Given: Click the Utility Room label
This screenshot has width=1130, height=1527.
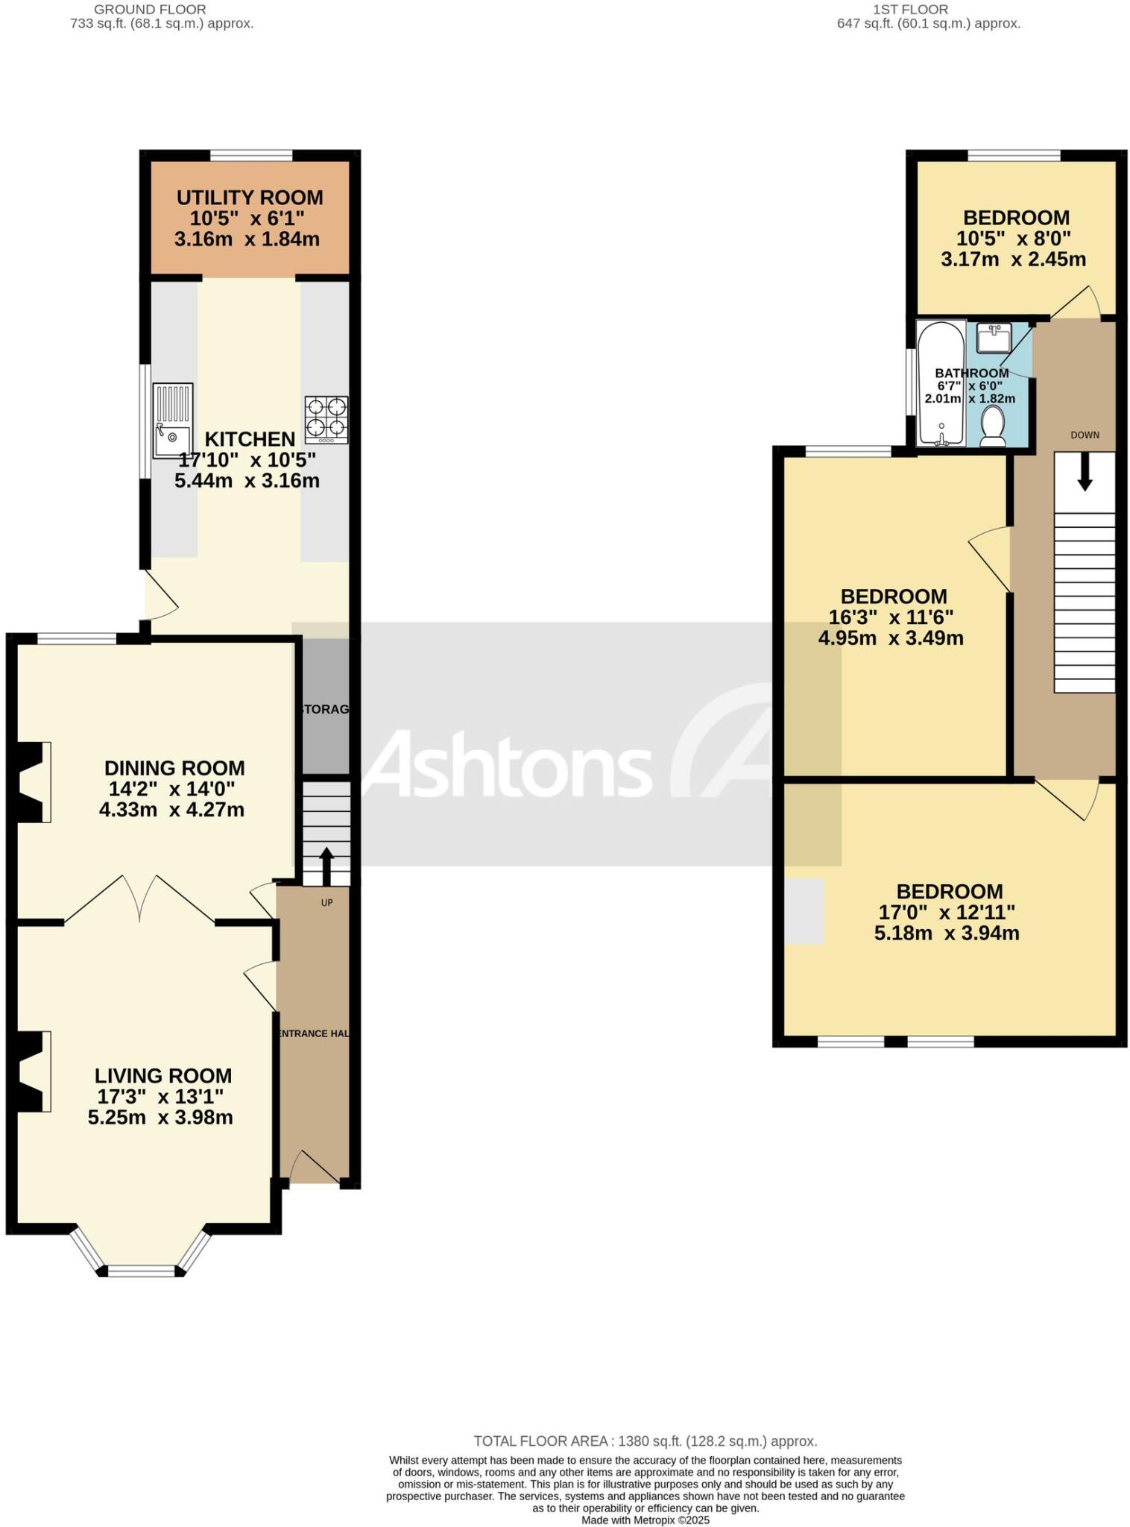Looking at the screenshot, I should [250, 198].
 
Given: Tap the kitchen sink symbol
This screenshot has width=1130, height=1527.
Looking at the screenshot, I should [172, 420].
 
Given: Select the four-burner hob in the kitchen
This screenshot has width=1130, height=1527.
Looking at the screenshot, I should [326, 420].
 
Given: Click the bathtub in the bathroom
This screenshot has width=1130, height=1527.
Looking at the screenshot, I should [941, 383].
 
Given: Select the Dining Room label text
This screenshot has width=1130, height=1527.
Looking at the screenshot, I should [174, 768].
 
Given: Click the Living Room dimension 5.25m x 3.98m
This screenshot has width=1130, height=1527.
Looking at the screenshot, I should [160, 1117].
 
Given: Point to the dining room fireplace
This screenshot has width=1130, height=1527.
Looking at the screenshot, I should [34, 782].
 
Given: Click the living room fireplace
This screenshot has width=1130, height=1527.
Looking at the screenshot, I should [34, 1071].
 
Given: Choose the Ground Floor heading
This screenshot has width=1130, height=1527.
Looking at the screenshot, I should [151, 10].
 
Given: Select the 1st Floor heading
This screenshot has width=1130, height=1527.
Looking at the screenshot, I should [910, 10].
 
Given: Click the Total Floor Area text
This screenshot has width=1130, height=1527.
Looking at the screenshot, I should [646, 1441].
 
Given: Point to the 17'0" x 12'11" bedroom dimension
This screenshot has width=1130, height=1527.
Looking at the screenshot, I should [947, 912].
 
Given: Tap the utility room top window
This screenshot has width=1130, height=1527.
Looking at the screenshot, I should [251, 156].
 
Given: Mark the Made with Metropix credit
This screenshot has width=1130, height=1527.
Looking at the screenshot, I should [646, 1520].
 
